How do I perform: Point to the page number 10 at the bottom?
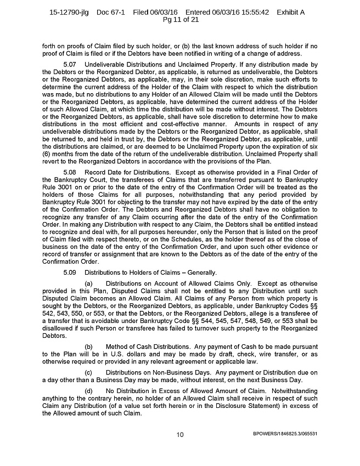coord(179,435)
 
